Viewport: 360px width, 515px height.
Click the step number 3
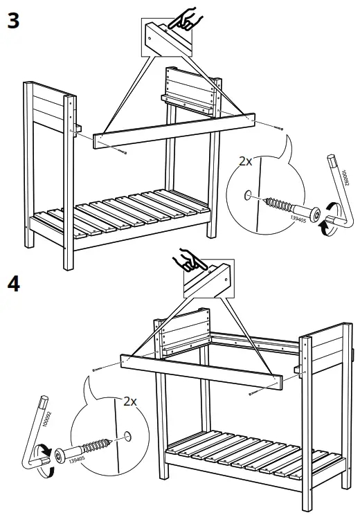point(12,20)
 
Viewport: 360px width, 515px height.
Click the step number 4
point(12,284)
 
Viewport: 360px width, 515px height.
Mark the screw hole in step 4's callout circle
point(127,436)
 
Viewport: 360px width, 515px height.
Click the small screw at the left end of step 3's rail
point(122,151)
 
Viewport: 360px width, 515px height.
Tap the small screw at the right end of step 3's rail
point(278,128)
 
